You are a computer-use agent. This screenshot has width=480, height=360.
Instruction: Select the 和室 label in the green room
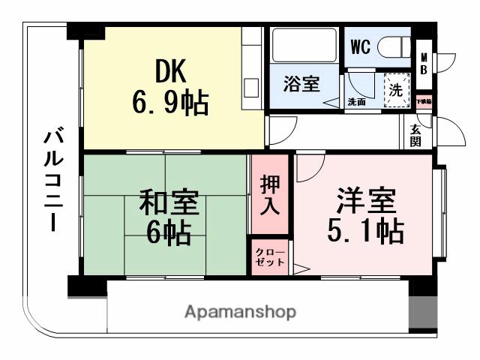pyautogui.click(x=170, y=203)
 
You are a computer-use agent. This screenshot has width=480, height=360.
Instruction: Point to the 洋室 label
pyautogui.click(x=365, y=201)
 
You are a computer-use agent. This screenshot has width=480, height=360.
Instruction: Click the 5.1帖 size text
pyautogui.click(x=365, y=231)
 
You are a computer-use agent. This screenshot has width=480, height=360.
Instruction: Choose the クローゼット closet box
pyautogui.click(x=270, y=257)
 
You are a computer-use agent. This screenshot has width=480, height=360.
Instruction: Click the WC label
pyautogui.click(x=360, y=46)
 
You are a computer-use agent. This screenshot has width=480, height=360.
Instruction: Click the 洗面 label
pyautogui.click(x=356, y=102)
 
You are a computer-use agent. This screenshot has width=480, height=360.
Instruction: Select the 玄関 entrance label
pyautogui.click(x=415, y=135)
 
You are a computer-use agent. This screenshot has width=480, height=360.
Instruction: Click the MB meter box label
pyautogui.click(x=424, y=64)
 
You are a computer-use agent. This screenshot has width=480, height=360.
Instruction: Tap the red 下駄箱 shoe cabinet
pyautogui.click(x=424, y=100)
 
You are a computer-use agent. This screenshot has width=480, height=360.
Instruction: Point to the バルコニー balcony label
pyautogui.click(x=52, y=179)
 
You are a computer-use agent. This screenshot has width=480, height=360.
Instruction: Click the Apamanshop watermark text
pyautogui.click(x=240, y=311)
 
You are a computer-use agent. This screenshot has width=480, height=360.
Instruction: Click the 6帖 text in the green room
pyautogui.click(x=168, y=233)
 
